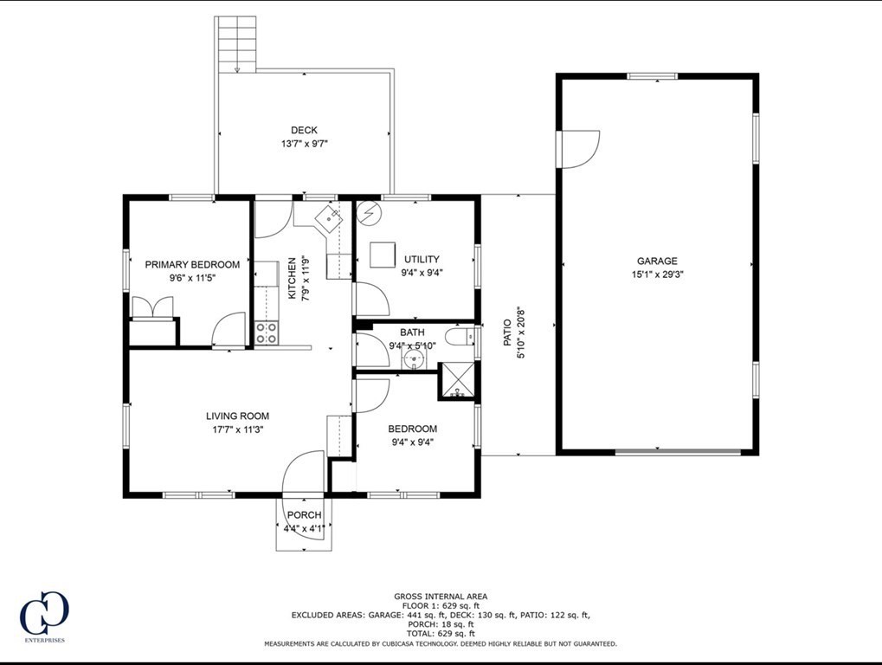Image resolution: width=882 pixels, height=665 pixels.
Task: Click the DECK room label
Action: (304, 131)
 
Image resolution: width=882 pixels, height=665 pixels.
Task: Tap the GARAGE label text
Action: (657, 261)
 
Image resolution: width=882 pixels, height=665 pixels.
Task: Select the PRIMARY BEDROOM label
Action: (192, 265)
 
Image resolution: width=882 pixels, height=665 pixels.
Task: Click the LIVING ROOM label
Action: (237, 416)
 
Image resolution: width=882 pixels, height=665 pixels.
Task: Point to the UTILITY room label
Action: (422, 259)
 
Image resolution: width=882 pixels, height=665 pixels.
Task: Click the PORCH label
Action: (304, 515)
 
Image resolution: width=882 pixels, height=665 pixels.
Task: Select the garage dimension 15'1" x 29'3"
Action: (657, 274)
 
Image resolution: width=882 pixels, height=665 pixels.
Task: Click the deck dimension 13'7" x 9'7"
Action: (304, 144)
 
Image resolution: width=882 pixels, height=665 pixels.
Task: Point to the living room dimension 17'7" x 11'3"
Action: (237, 429)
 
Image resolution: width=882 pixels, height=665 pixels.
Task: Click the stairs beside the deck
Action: (236, 44)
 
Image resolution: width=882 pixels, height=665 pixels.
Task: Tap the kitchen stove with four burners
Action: (267, 332)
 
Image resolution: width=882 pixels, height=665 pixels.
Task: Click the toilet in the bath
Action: (460, 336)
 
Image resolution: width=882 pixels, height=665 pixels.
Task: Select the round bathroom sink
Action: (414, 358)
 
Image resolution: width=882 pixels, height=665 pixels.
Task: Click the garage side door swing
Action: (579, 148)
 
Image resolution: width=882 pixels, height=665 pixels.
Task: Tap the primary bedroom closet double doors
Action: (151, 307)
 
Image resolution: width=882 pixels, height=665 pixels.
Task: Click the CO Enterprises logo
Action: (44, 616)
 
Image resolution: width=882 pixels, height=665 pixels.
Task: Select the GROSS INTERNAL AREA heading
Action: (441, 596)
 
